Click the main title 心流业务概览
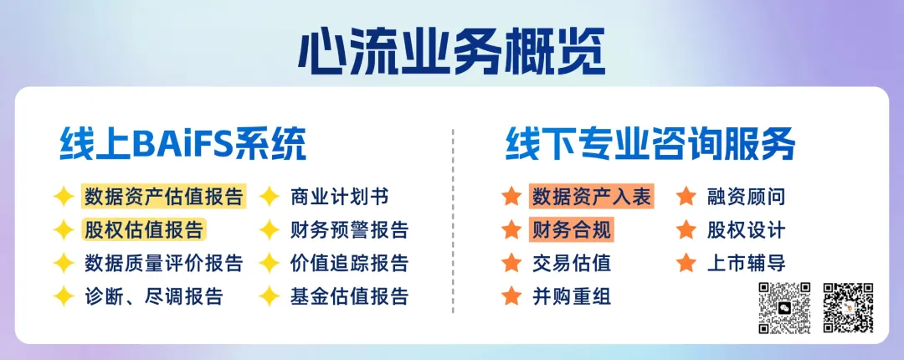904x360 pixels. point(452,51)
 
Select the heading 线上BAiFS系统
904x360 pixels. point(183,144)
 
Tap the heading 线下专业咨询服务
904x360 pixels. point(650,144)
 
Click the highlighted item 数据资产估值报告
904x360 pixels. point(164,197)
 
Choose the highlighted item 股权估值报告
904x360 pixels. point(144,229)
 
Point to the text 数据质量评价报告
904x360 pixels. point(164,263)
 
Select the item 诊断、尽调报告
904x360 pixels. point(154,296)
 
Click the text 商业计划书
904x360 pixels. point(340,197)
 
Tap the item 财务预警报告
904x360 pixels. point(349,229)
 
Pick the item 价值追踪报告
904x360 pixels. point(349,263)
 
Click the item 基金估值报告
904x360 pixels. point(349,296)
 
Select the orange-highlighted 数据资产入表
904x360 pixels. point(592,197)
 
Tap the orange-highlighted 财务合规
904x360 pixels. point(572,229)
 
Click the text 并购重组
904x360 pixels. point(572,296)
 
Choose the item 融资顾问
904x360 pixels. point(746,197)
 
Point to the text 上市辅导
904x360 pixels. point(746,263)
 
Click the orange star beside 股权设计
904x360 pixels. point(686,229)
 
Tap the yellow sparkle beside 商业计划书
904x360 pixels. point(270,197)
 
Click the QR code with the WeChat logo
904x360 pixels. point(784,307)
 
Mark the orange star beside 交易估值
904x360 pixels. point(511,263)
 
